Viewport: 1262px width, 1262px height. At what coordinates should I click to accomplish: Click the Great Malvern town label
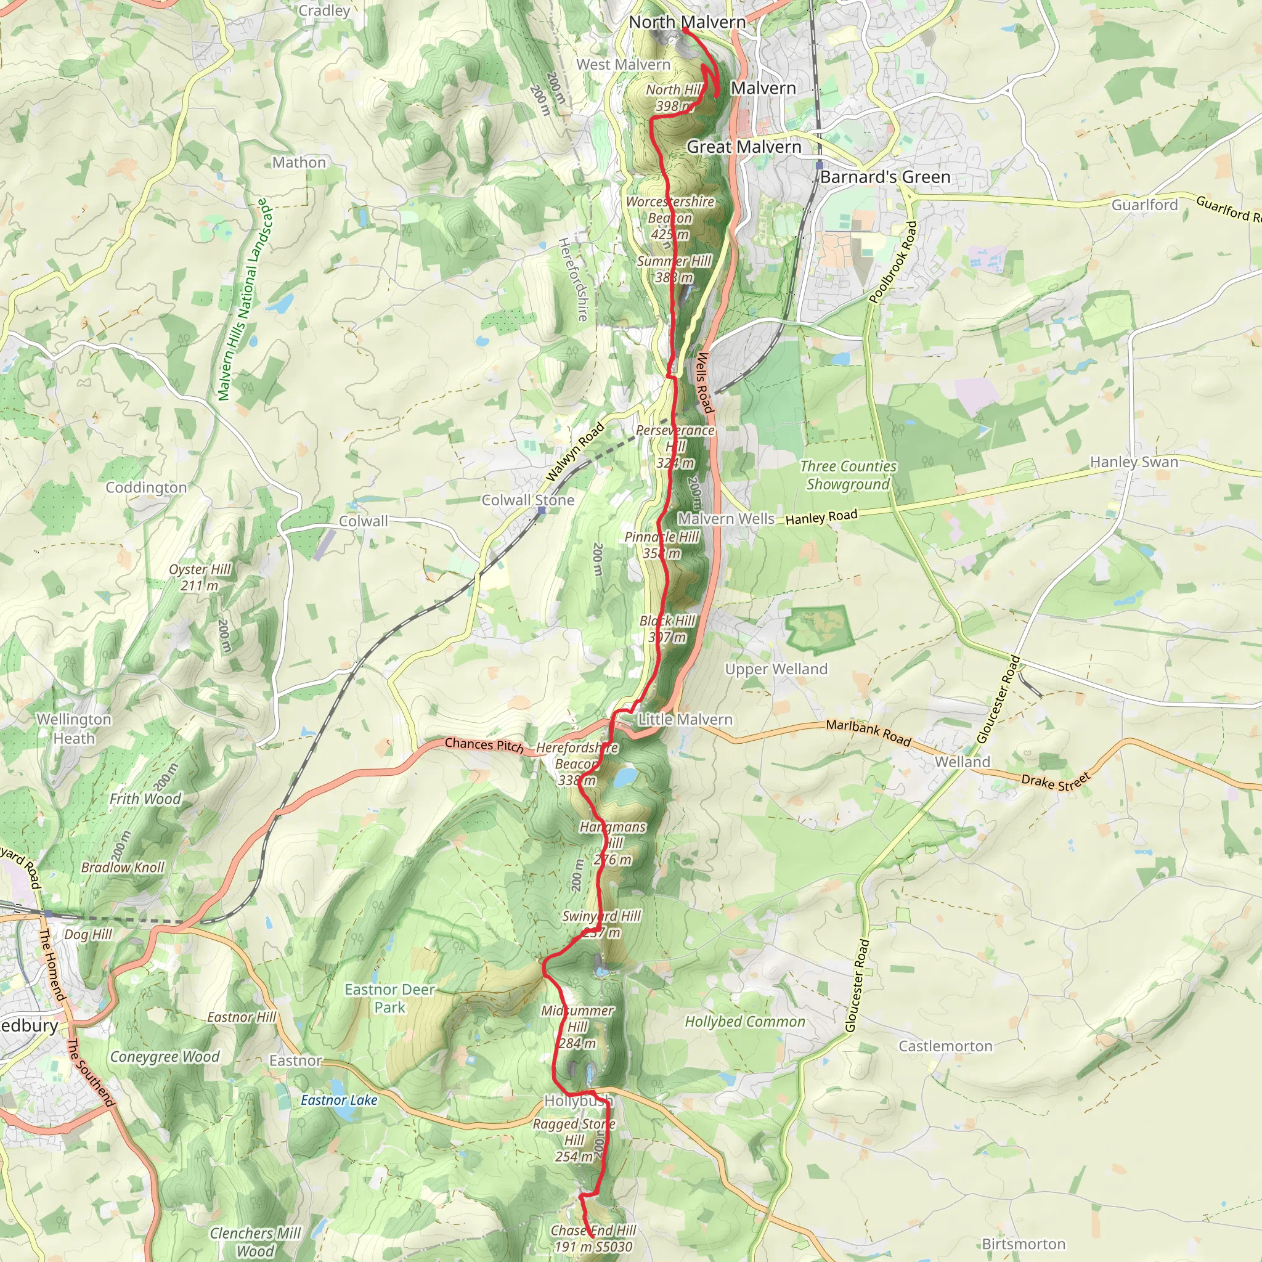[743, 147]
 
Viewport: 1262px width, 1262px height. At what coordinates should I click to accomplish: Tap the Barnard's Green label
[885, 177]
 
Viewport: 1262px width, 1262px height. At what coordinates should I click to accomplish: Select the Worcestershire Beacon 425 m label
[670, 218]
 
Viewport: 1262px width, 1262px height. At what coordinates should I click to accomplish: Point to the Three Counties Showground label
[848, 475]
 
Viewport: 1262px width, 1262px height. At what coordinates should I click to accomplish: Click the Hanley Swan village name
[1134, 462]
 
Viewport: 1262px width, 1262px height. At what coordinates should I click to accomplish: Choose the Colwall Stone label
[528, 500]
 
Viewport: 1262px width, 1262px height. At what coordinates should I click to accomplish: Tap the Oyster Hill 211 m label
[199, 577]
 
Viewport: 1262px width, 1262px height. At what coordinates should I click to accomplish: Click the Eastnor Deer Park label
[390, 998]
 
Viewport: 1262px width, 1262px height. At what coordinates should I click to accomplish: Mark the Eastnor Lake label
[339, 1100]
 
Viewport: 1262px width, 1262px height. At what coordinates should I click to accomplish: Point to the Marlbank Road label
[868, 732]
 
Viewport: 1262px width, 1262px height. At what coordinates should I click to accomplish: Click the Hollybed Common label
[744, 1022]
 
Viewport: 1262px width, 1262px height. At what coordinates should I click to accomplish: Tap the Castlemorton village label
[945, 1046]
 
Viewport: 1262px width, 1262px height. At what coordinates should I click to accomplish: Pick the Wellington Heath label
[74, 728]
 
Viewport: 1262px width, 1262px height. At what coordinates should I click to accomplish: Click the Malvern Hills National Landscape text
[243, 299]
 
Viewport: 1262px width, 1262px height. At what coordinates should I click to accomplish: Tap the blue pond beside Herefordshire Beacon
[624, 776]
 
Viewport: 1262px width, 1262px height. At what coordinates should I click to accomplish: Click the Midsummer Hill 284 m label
[577, 1027]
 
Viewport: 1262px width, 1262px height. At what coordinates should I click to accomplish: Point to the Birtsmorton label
[1023, 1244]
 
